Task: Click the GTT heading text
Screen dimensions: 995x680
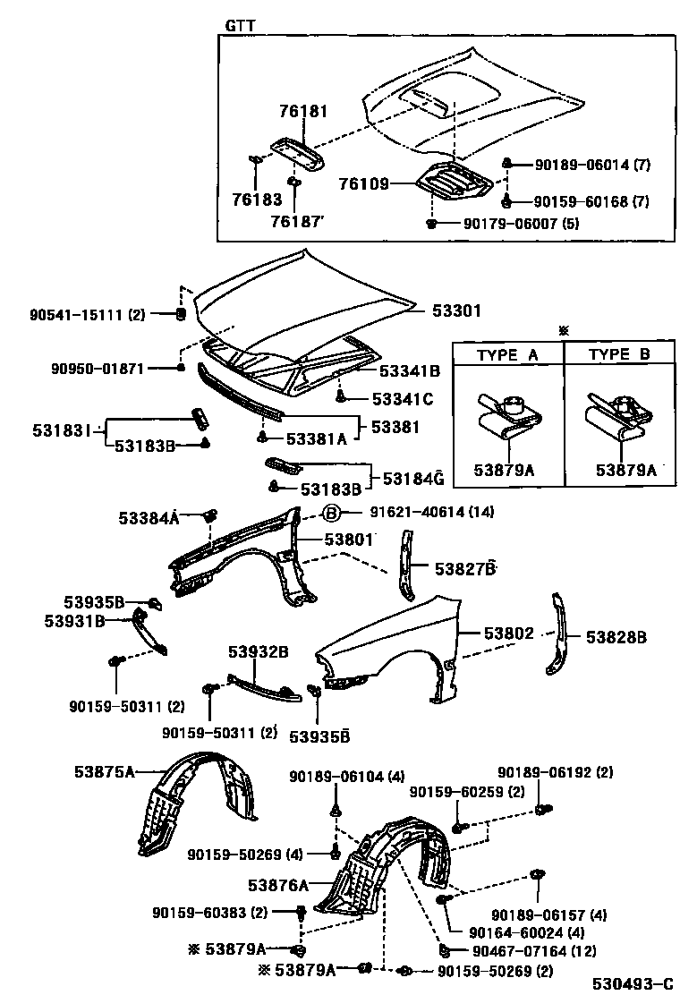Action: (240, 25)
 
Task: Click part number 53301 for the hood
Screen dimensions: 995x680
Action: (456, 311)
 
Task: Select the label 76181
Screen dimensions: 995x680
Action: (303, 112)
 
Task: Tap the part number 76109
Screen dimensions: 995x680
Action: (364, 184)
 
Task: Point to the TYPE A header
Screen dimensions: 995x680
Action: (507, 354)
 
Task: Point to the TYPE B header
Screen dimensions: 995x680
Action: (619, 354)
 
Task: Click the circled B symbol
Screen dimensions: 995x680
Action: (331, 513)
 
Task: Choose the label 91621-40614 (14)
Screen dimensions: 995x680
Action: (432, 513)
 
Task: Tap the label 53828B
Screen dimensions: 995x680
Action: (616, 637)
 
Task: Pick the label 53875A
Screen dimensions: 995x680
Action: (104, 772)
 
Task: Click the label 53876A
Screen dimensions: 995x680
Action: (278, 885)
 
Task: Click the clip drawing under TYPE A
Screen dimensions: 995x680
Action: (507, 422)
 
